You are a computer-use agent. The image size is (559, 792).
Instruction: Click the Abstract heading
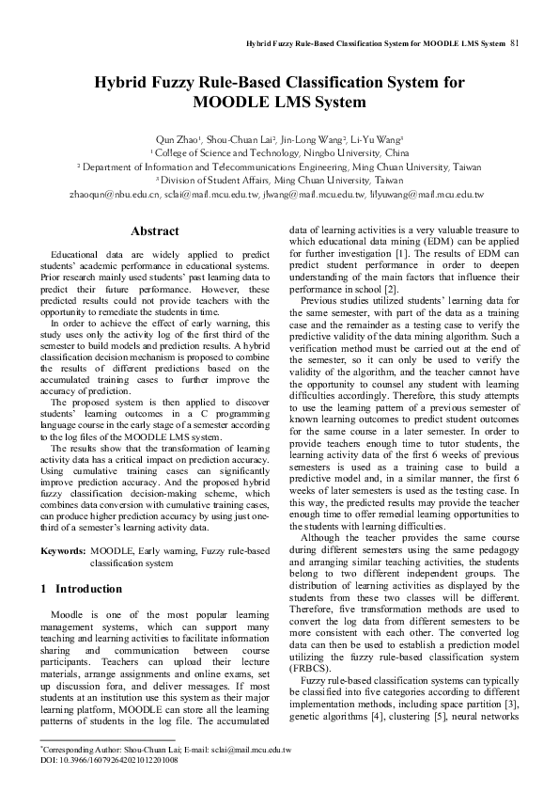(154, 231)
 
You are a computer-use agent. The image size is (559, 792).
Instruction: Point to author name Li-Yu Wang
(380, 137)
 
